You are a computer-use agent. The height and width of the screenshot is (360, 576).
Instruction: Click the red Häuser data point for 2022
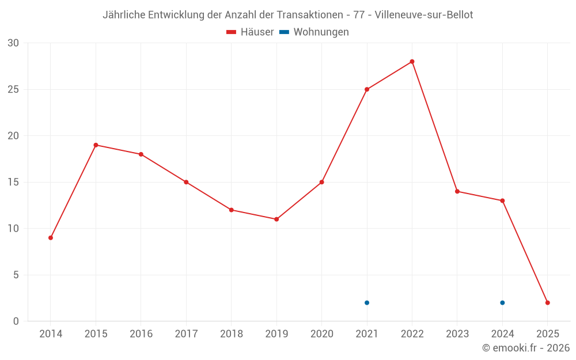tap(412, 62)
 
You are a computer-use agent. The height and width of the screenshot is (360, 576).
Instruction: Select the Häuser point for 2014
tap(51, 238)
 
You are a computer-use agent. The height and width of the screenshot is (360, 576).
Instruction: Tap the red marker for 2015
tap(96, 145)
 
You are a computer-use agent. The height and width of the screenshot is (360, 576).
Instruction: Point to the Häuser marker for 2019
tap(276, 219)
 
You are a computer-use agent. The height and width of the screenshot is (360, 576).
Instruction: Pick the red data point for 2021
tap(367, 89)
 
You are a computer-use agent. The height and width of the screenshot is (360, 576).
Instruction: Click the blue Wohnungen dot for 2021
tap(367, 303)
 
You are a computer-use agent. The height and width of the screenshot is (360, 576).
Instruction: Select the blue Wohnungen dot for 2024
tap(502, 303)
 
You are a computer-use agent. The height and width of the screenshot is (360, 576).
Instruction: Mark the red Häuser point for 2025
tap(548, 303)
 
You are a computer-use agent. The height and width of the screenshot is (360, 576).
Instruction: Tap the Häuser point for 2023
tap(457, 191)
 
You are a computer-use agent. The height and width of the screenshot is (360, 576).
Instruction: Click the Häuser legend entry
tap(250, 32)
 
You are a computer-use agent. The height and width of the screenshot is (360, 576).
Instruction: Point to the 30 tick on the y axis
tap(13, 43)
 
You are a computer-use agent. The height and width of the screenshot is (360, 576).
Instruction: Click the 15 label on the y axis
tap(13, 183)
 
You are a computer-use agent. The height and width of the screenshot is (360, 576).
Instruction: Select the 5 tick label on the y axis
tap(16, 275)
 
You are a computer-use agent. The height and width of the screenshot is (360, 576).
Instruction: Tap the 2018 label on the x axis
tap(231, 334)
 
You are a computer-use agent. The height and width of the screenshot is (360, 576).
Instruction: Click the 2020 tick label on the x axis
tap(321, 334)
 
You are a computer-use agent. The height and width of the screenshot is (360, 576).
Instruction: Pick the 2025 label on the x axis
tap(548, 334)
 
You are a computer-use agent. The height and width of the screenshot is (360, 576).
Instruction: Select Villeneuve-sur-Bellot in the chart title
tap(424, 15)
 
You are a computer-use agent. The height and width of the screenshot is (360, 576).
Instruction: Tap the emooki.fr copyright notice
tap(526, 348)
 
